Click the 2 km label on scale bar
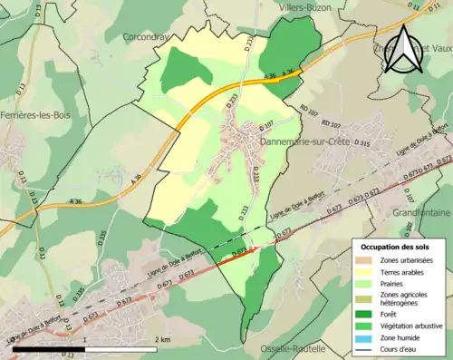pos(161,339)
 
